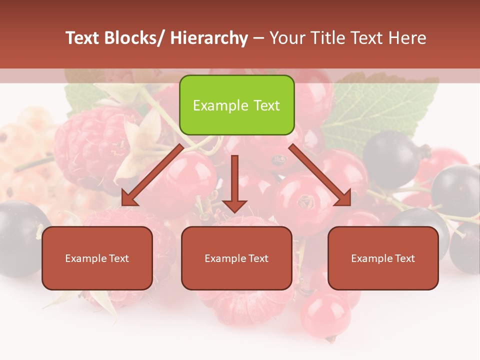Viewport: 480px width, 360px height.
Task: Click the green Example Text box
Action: pyautogui.click(x=236, y=105)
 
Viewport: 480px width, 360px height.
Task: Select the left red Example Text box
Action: pyautogui.click(x=97, y=258)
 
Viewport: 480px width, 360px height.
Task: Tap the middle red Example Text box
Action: pyautogui.click(x=236, y=258)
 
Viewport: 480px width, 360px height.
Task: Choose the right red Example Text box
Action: pyautogui.click(x=383, y=258)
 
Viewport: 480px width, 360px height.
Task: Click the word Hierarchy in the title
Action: pyautogui.click(x=209, y=38)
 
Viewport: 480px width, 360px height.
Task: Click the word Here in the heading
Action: pyautogui.click(x=407, y=38)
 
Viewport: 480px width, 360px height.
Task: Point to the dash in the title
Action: pyautogui.click(x=258, y=38)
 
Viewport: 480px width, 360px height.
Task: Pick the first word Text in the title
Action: pyautogui.click(x=83, y=38)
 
